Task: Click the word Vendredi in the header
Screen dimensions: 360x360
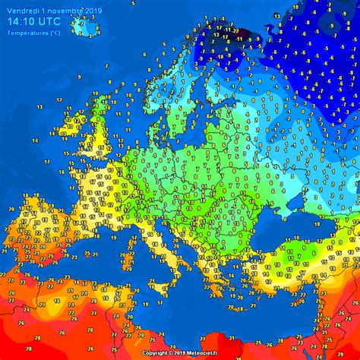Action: coord(22,11)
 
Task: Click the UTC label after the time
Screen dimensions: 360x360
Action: coord(55,22)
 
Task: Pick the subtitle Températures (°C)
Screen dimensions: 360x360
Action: coord(34,33)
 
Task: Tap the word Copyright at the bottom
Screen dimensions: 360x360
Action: coord(157,353)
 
